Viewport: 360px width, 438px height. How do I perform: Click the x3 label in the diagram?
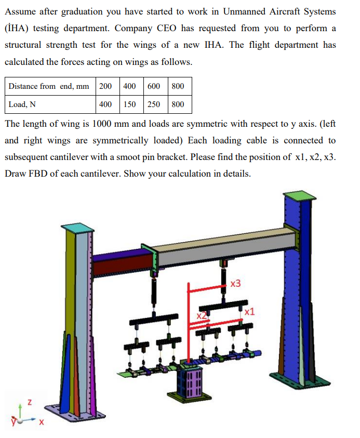tap(235, 284)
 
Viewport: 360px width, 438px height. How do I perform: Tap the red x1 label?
tap(249, 311)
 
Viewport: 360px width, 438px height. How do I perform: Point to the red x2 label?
tap(202, 316)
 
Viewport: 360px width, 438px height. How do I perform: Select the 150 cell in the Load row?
tap(129, 104)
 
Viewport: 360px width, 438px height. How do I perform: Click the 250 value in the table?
tap(154, 104)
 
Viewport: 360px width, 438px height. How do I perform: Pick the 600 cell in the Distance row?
tap(154, 86)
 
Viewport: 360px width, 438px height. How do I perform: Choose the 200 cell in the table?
tap(105, 86)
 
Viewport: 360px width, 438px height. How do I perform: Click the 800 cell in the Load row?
tap(178, 104)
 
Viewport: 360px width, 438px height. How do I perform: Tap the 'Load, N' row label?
tap(22, 105)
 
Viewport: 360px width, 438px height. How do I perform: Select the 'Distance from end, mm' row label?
tap(49, 86)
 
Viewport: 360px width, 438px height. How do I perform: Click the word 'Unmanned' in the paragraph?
tap(244, 12)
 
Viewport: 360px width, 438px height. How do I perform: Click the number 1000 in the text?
tap(102, 124)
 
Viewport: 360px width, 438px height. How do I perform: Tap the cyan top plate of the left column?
tap(77, 228)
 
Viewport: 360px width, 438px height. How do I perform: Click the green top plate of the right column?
tap(300, 195)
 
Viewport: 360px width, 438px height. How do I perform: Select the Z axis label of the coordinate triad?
tap(30, 403)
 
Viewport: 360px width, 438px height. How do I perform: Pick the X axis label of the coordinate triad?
tap(42, 422)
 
